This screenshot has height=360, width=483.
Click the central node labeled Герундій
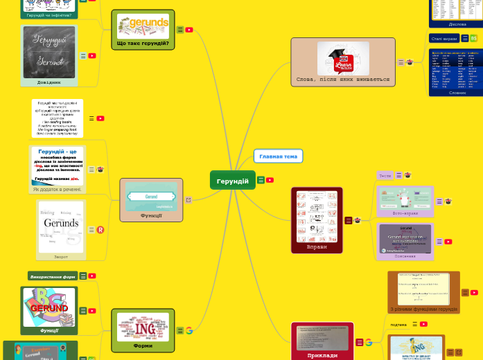232,181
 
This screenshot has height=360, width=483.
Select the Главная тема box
278,156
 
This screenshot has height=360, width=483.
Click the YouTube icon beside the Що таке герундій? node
188,30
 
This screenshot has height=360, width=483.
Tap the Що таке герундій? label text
143,44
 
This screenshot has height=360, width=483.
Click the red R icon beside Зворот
100,230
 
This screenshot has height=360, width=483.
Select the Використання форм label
53,276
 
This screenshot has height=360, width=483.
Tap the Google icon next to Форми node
188,331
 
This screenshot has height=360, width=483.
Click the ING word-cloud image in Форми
143,326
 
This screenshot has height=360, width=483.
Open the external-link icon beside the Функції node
188,200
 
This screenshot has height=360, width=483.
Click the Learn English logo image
343,58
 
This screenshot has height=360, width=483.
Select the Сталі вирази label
444,39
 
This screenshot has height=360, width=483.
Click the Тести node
385,176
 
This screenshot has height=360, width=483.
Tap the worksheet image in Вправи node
317,216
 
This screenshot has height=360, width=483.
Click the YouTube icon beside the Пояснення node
448,242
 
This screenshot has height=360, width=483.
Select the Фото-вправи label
405,213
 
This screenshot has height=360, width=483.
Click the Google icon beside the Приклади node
368,342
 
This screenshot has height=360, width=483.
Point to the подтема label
398,324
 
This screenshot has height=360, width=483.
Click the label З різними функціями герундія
423,309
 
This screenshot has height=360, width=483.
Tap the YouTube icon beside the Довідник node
91,56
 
